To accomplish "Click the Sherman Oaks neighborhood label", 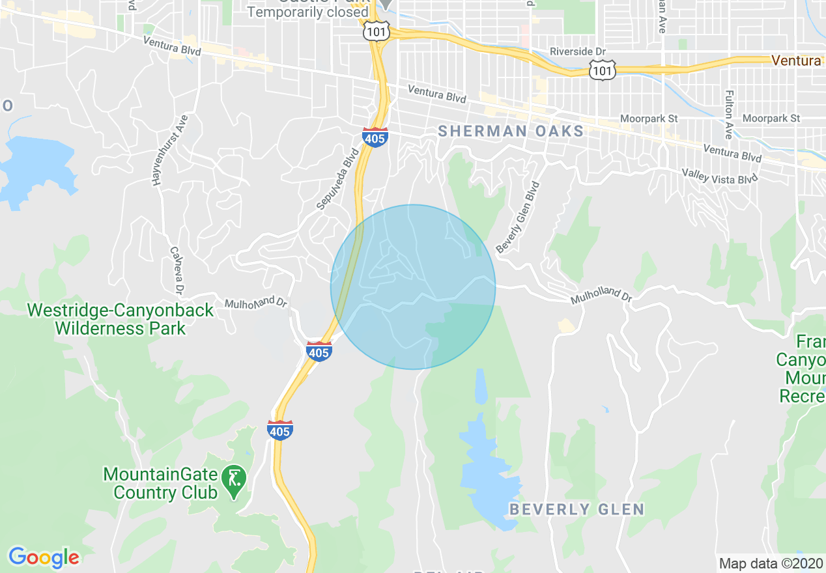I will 511,131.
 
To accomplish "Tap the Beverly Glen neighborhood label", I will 577,509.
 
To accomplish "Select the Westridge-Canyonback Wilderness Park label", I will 121,318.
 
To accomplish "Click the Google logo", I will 44,557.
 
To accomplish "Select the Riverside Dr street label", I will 577,51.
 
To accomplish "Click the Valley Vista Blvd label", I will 720,175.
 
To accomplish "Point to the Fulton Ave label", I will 728,115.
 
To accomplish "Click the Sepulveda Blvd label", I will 339,179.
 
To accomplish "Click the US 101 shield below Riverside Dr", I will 603,70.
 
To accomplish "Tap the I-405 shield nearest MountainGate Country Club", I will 279,429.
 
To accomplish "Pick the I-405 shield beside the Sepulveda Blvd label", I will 375,137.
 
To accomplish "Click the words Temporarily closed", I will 308,12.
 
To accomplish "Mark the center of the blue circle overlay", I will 413,287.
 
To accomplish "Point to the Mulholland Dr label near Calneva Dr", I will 256,303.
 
